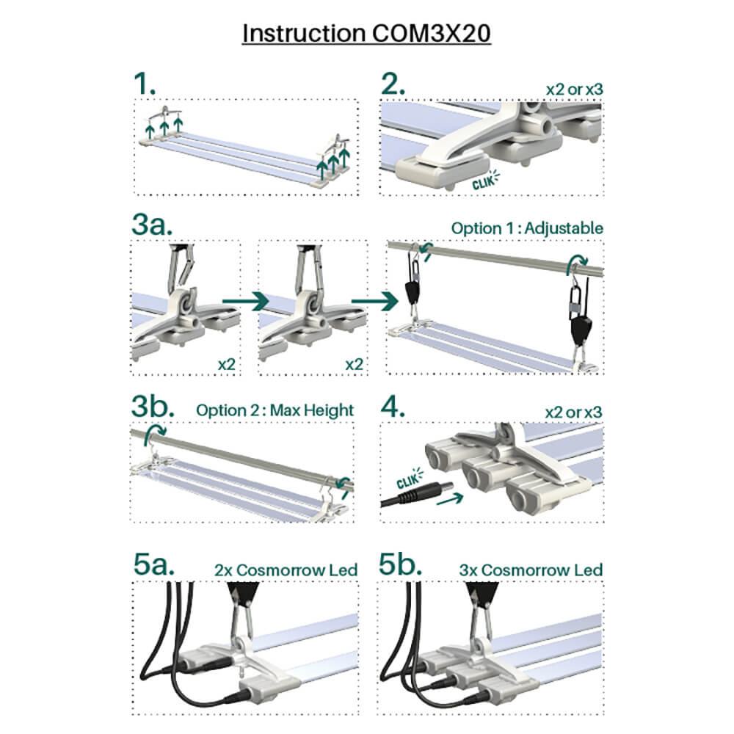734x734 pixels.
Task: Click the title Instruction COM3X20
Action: coord(366,34)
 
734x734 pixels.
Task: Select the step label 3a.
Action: coord(152,225)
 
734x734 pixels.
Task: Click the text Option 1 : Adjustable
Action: coord(527,228)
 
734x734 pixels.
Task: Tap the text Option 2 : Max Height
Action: coord(275,410)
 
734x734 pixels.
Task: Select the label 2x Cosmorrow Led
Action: coord(286,570)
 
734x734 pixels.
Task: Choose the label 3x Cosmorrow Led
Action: coord(531,570)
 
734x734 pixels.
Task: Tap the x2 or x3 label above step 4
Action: coord(573,411)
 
